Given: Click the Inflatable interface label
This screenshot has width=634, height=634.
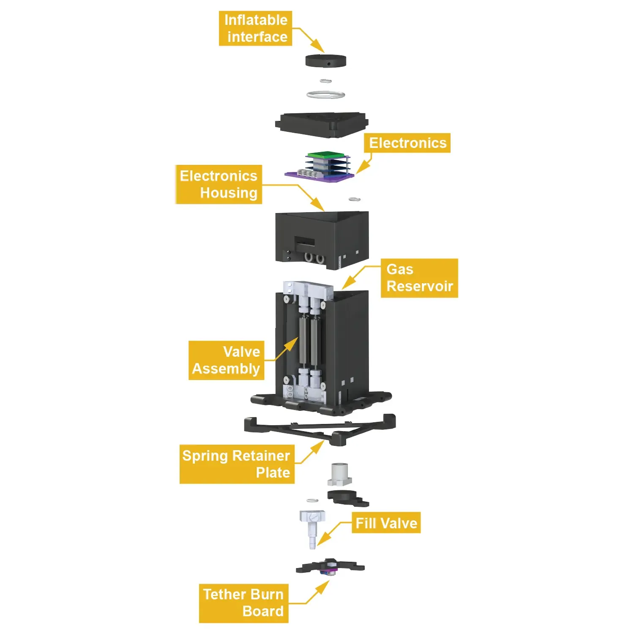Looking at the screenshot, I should (x=255, y=28).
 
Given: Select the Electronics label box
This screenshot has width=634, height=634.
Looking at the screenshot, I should (x=407, y=143).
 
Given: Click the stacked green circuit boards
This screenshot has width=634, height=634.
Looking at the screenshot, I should (x=328, y=163).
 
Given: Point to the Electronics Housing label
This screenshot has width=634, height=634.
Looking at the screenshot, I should (x=219, y=184).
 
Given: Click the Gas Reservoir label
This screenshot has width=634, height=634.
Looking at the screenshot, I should (x=419, y=278).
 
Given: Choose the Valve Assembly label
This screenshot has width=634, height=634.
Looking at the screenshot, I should (x=226, y=360).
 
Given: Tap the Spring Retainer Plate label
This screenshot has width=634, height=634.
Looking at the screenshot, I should (x=237, y=464).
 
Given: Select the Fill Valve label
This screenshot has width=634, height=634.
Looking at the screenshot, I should (x=386, y=523).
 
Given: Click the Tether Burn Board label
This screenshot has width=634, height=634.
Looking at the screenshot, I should (x=243, y=603).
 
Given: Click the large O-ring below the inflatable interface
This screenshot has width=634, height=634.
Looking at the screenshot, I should (x=325, y=95).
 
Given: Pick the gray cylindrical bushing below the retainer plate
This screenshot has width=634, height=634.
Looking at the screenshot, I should (x=339, y=474).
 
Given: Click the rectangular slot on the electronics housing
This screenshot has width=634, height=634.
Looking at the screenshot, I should (x=304, y=243).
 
